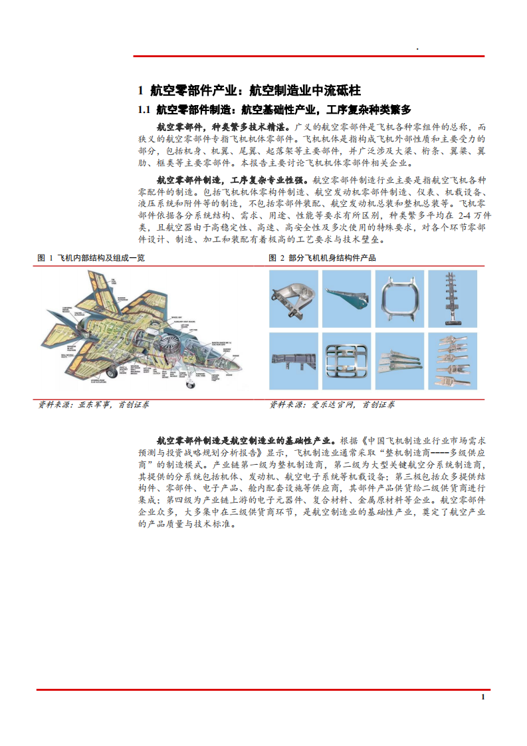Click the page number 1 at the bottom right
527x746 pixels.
pos(482,697)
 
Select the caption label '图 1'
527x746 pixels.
pos(45,258)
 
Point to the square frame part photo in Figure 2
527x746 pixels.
pos(403,298)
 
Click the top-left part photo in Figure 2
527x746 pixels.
pos(294,298)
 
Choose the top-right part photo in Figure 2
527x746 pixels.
pos(457,298)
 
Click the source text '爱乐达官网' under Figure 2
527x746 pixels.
pos(333,404)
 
